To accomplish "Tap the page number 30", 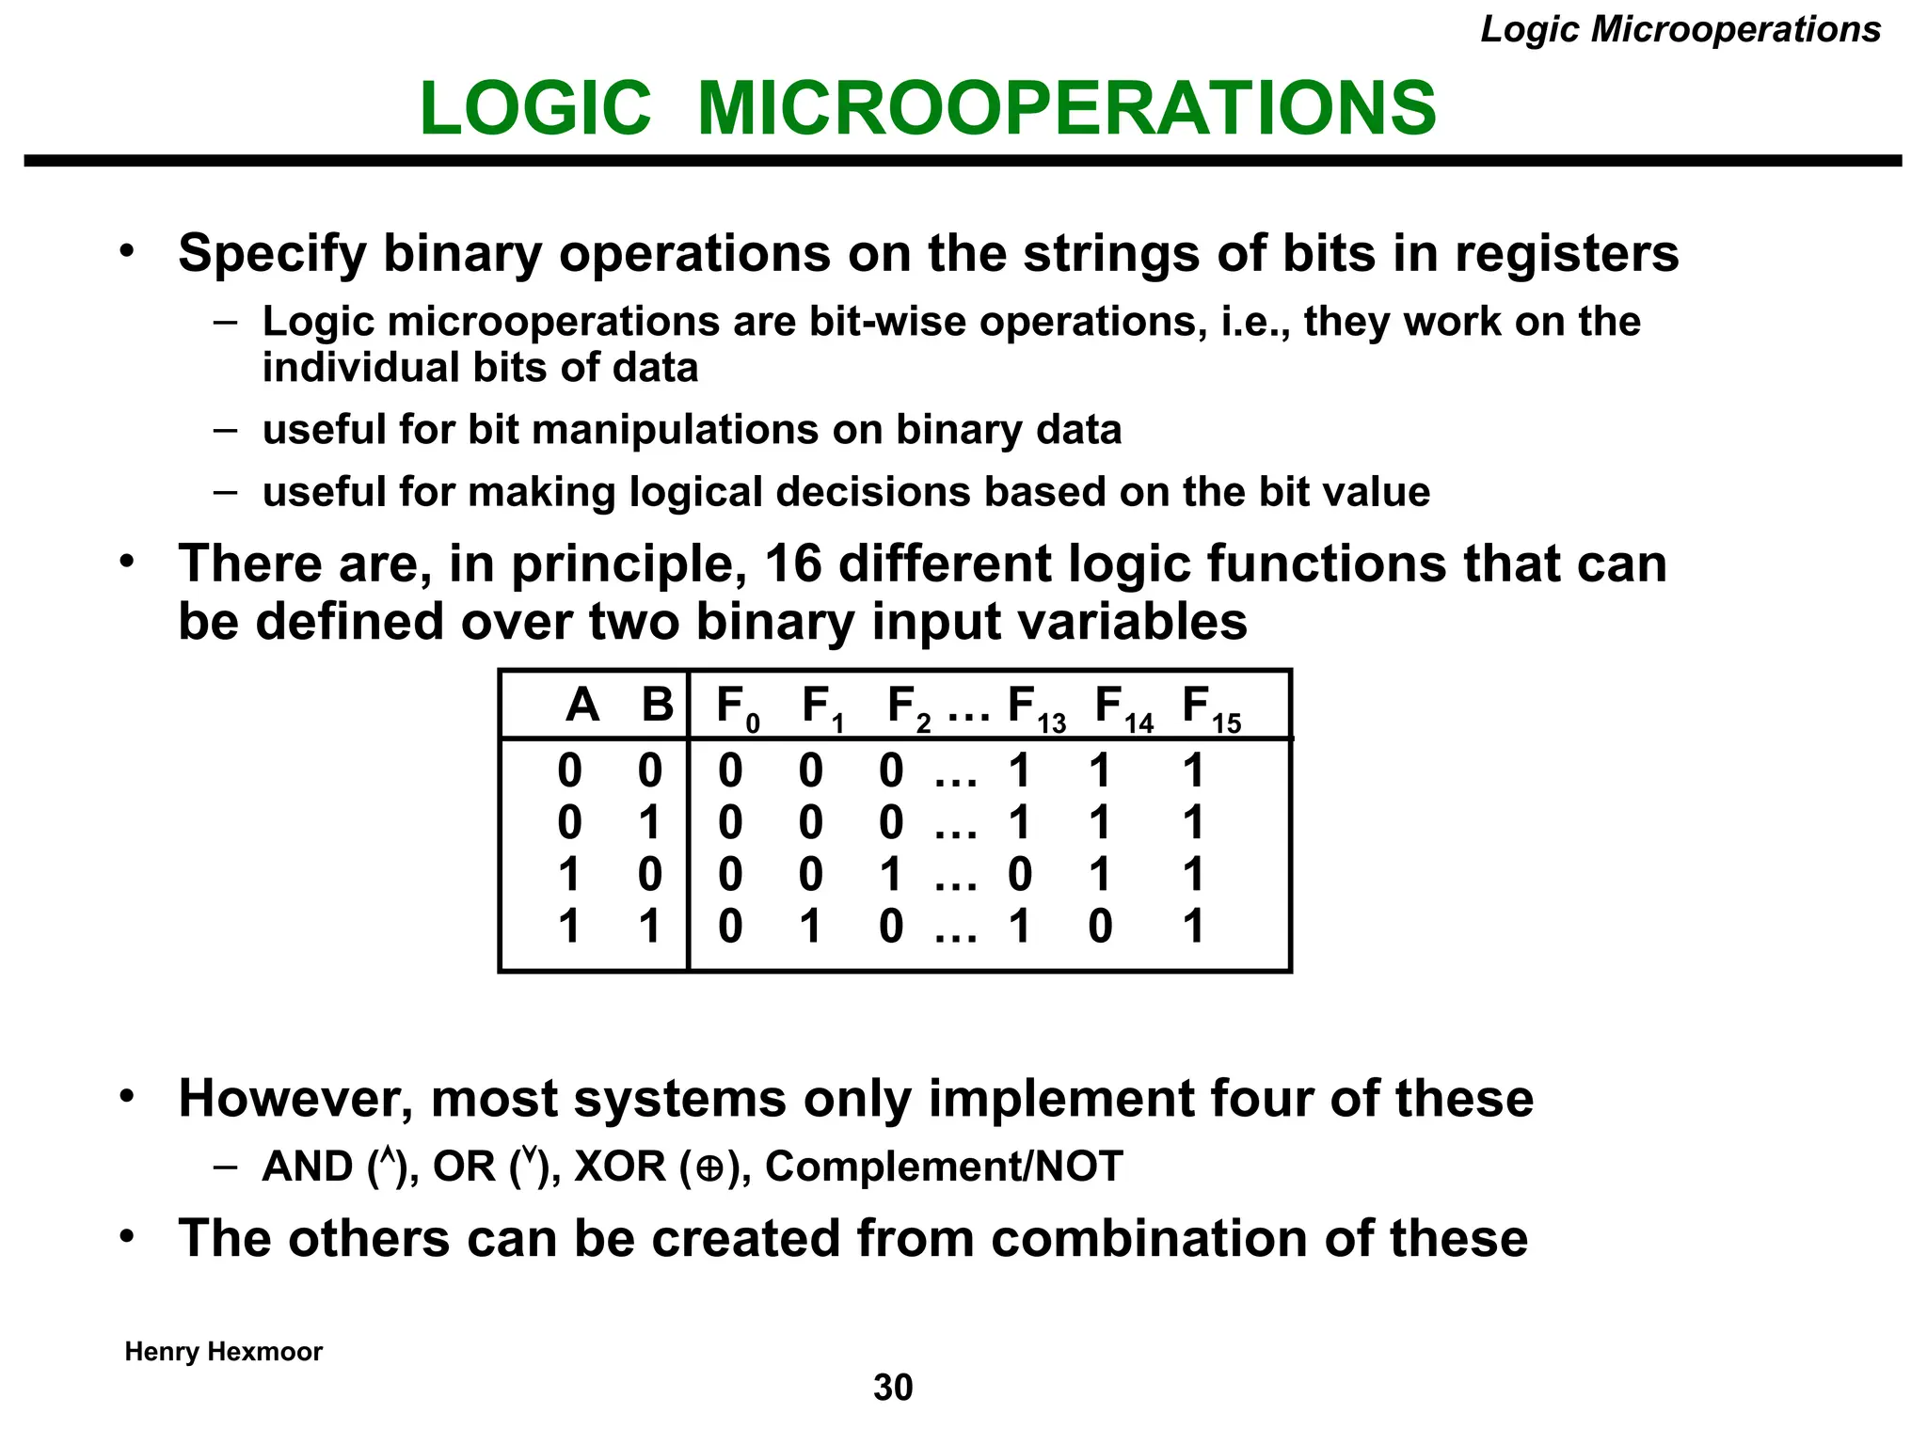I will click(893, 1387).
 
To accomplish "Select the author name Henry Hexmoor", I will click(223, 1352).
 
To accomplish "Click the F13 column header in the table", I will click(1035, 707).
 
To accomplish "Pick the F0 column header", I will click(737, 707).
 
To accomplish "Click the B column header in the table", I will click(657, 705).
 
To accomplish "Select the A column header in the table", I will click(582, 705).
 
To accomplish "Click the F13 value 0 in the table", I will click(1020, 875).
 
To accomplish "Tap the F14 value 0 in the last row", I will click(1100, 927).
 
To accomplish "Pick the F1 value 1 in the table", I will click(810, 927).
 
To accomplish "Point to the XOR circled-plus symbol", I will click(710, 1168).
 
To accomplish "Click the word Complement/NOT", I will click(944, 1167).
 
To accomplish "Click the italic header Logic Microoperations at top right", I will click(1680, 29).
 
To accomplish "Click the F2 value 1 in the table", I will click(891, 875).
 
